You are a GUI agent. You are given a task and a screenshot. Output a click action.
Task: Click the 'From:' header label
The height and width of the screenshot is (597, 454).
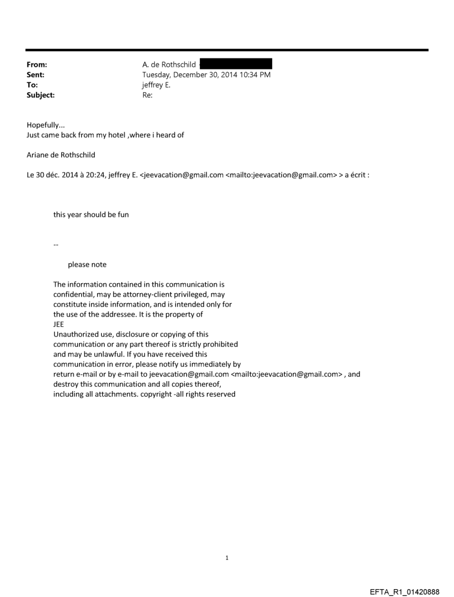click(x=37, y=65)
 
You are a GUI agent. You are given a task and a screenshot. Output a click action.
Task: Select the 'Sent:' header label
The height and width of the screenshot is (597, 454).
click(x=36, y=75)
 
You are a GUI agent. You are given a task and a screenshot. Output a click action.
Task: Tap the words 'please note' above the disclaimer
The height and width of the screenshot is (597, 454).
click(x=87, y=264)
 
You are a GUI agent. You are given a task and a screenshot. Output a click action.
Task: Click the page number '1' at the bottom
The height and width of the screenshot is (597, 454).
click(x=227, y=557)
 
